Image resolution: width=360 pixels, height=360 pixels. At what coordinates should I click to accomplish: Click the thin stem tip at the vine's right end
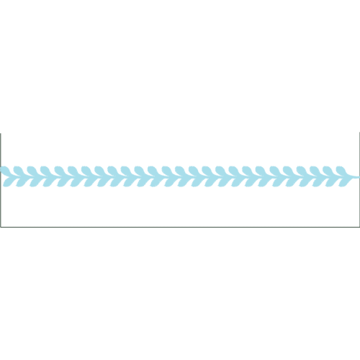(x=357, y=174)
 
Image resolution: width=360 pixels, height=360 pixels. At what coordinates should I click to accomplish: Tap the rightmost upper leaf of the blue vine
(x=341, y=169)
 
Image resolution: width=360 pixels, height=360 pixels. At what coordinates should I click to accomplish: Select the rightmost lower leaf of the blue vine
(x=341, y=179)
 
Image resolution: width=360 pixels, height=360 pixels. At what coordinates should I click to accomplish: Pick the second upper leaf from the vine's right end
(x=328, y=169)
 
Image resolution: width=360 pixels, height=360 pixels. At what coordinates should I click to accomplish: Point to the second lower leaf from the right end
(x=328, y=179)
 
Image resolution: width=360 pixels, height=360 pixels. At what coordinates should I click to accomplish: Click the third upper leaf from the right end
(x=315, y=169)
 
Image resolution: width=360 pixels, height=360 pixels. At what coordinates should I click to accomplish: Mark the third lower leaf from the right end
(x=315, y=179)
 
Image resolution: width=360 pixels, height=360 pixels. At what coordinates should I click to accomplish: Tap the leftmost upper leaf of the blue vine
(x=10, y=169)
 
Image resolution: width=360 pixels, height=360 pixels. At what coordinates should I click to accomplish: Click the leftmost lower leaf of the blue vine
(x=10, y=179)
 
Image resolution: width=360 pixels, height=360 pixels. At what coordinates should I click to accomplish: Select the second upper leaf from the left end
(x=23, y=169)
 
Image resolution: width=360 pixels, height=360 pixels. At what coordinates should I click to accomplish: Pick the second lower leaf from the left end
(x=23, y=179)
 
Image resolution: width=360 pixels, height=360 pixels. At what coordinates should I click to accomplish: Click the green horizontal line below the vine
(x=180, y=226)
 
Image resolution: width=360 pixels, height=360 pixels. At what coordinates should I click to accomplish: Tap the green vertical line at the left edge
(x=1, y=180)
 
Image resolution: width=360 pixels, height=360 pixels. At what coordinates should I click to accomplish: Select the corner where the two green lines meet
(x=1, y=226)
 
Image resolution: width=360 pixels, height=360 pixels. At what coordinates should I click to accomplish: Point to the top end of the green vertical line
(x=1, y=134)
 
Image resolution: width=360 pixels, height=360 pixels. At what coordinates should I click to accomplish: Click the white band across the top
(x=180, y=22)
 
